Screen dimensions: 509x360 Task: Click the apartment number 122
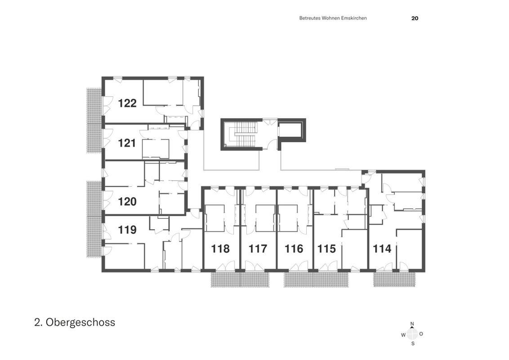[x=127, y=103]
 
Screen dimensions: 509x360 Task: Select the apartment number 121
[x=127, y=143]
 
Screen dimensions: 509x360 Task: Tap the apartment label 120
[x=127, y=202]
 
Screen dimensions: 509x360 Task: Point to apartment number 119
[x=127, y=230]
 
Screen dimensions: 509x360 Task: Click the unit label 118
[x=220, y=249]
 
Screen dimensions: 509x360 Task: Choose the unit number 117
[x=258, y=249]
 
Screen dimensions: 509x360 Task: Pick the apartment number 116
[x=294, y=249]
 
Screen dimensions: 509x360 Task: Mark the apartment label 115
[x=326, y=249]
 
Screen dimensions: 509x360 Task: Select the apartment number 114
[x=382, y=249]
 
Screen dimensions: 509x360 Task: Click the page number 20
[x=415, y=18]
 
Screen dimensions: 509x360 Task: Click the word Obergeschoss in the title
[x=80, y=322]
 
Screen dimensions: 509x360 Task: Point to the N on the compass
[x=412, y=324]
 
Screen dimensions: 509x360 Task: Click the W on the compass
[x=403, y=335]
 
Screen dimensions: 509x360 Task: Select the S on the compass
[x=413, y=343]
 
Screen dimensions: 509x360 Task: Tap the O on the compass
[x=421, y=334]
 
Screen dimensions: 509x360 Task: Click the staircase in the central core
[x=242, y=134]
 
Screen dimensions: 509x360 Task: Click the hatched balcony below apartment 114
[x=394, y=279]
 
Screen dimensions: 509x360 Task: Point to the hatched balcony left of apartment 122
[x=94, y=120]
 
